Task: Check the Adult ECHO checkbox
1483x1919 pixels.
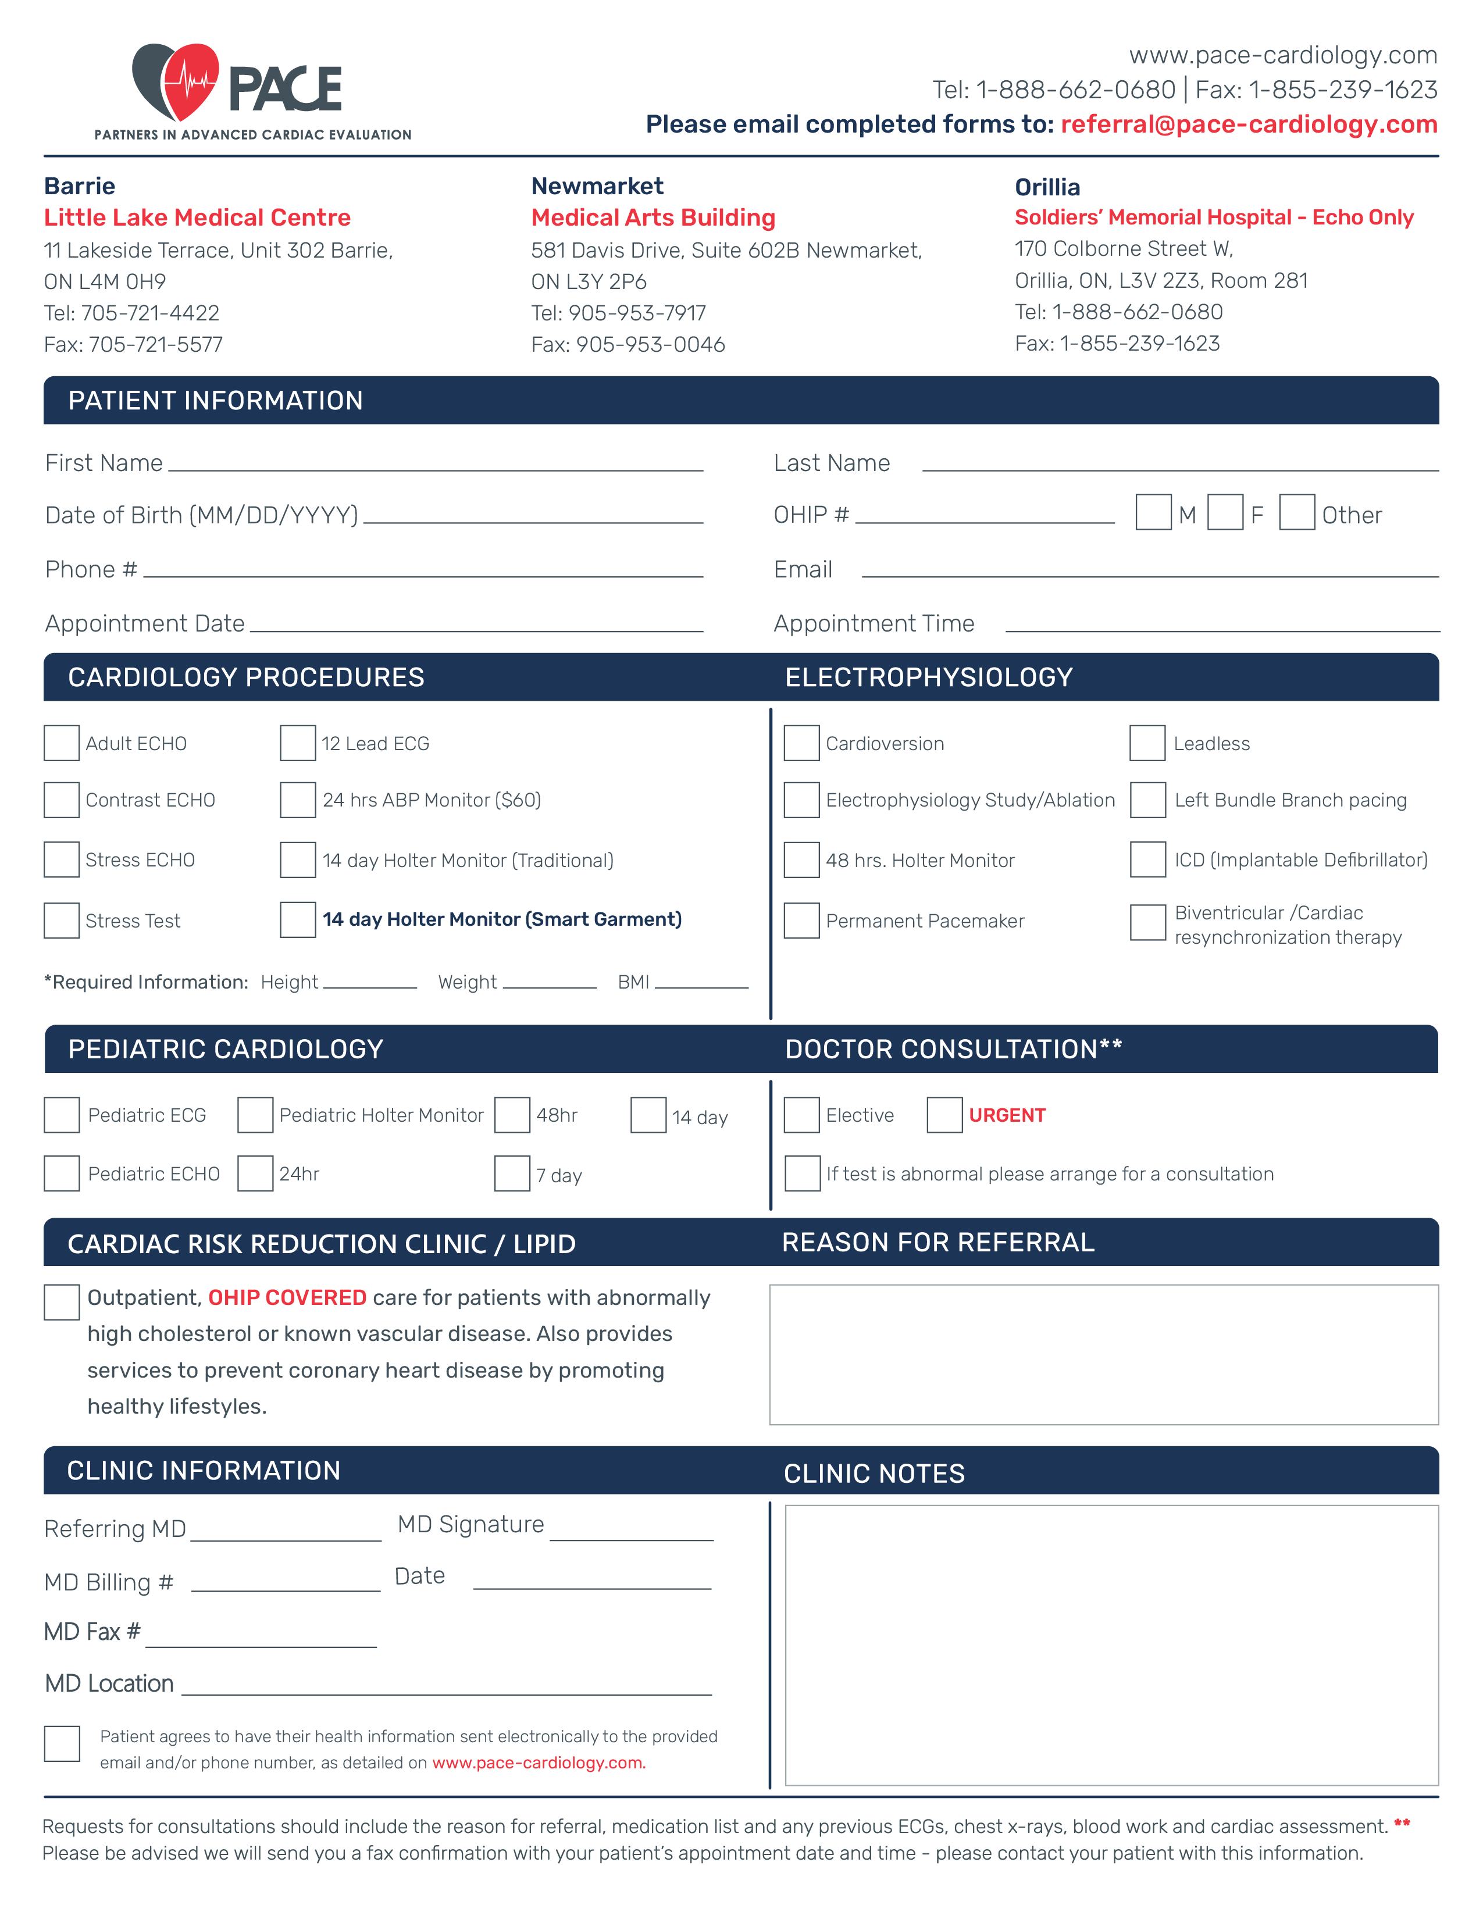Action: tap(62, 743)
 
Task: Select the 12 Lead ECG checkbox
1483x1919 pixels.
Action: tap(298, 743)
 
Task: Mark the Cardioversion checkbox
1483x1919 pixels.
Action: tap(801, 743)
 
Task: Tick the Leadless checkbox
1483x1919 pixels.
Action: tap(1147, 743)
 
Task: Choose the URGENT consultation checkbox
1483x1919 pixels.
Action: tap(945, 1115)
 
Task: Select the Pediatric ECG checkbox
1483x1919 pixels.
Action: tap(62, 1115)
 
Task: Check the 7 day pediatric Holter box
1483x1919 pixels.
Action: tap(512, 1174)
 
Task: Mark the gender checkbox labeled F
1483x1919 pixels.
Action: tap(1225, 512)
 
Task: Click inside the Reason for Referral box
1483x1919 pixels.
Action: tap(1103, 1354)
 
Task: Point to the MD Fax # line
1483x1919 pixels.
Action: tap(261, 1640)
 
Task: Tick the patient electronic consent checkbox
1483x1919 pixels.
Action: tap(62, 1744)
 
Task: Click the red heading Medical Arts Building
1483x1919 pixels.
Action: tap(653, 218)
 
